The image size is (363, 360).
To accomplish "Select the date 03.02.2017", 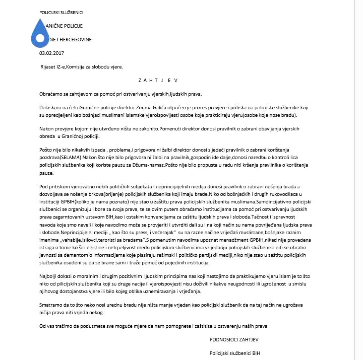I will click(52, 52).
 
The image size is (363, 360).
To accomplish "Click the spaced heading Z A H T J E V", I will click(157, 80).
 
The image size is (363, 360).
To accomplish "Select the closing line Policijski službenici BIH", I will click(235, 352).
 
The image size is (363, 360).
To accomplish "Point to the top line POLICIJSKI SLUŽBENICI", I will click(62, 12).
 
